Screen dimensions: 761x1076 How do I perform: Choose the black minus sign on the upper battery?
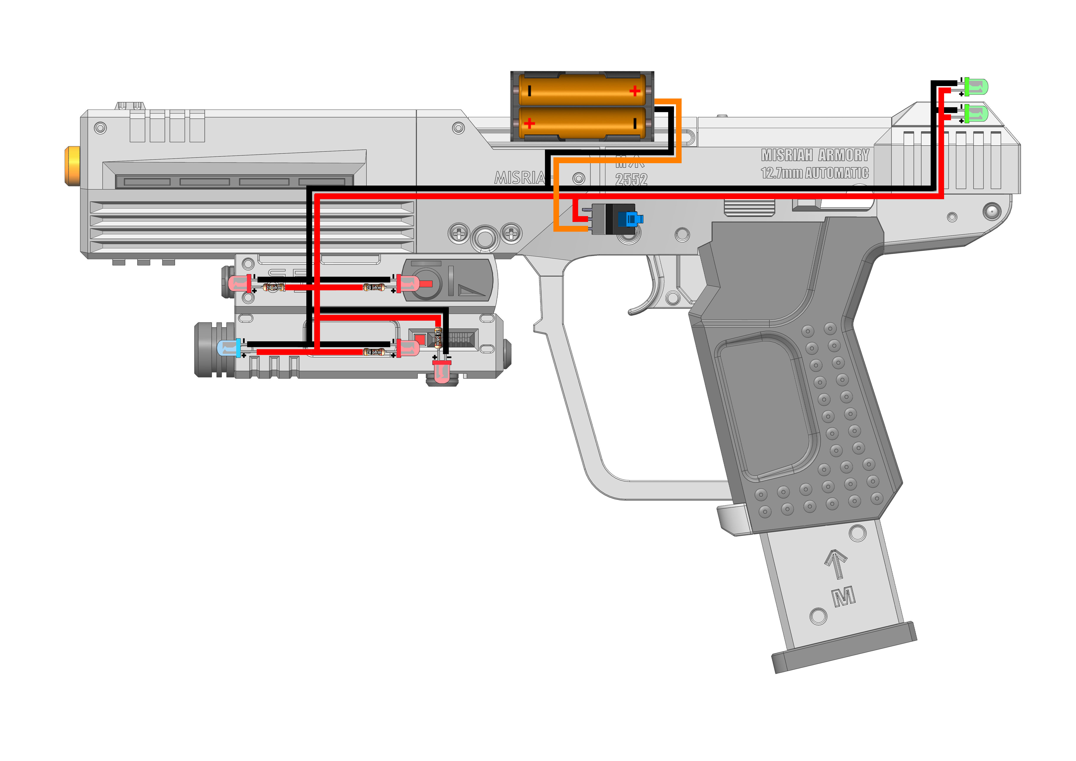pos(530,90)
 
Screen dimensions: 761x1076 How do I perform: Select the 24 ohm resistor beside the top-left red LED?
pos(274,288)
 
